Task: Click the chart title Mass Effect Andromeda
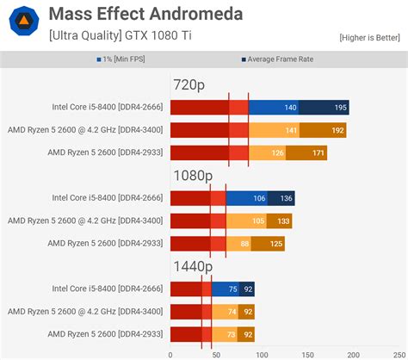(x=145, y=14)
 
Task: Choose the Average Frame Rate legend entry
(x=284, y=59)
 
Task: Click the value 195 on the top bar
(x=340, y=108)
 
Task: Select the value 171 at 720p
(x=318, y=153)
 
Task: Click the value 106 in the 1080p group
(x=259, y=198)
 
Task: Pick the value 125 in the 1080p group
(x=276, y=244)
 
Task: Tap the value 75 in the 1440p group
(x=232, y=289)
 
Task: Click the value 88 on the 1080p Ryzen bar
(x=244, y=244)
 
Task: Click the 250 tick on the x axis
(x=399, y=353)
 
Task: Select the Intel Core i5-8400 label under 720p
(x=107, y=108)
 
